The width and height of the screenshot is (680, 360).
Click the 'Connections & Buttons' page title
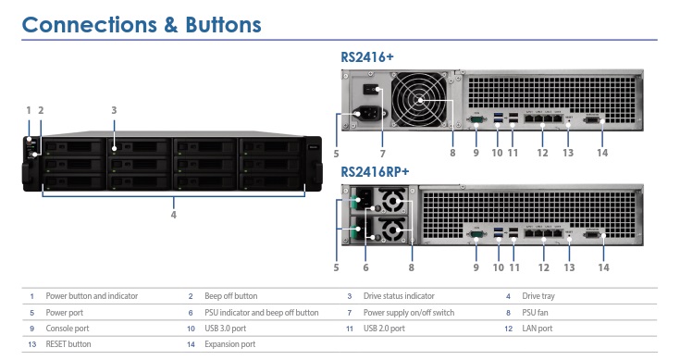click(x=141, y=23)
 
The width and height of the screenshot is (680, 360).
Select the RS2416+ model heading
click(x=367, y=57)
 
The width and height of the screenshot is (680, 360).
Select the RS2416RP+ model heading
click(x=375, y=171)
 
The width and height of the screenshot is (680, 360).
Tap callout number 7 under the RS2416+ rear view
click(x=382, y=152)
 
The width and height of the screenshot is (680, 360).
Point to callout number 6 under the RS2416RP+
click(x=365, y=267)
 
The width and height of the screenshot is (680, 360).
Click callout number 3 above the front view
click(x=114, y=109)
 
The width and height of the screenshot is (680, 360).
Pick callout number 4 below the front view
click(x=173, y=214)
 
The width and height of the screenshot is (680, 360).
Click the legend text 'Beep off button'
click(x=230, y=296)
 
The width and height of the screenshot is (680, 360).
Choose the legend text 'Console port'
click(x=67, y=328)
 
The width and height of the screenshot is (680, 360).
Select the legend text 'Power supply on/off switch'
click(x=410, y=312)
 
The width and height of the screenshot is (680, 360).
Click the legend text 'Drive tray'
click(x=538, y=296)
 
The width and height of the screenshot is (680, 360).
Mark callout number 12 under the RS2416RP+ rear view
click(x=543, y=267)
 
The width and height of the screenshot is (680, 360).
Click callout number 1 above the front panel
click(x=29, y=109)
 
